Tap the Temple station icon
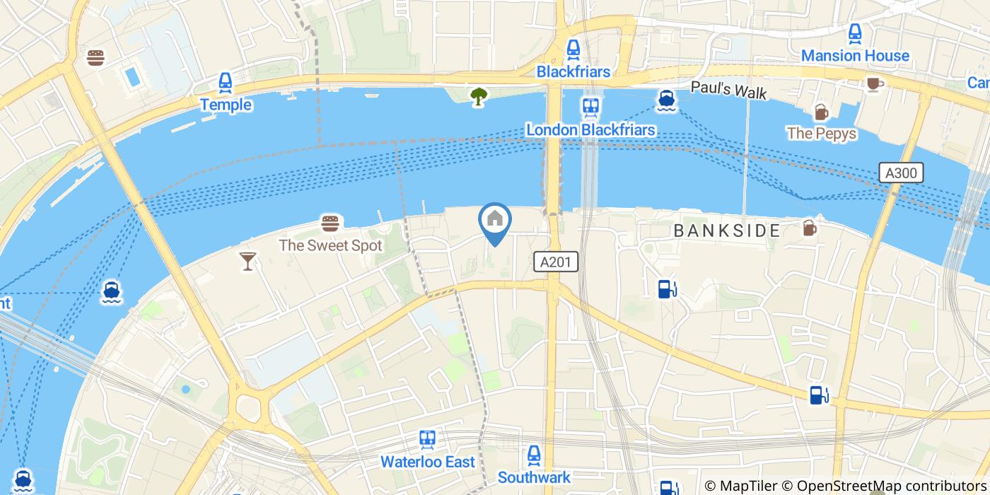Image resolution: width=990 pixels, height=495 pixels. pyautogui.click(x=226, y=83)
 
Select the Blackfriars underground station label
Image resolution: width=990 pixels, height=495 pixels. pyautogui.click(x=573, y=71)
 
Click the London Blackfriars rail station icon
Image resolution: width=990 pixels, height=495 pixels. pyautogui.click(x=590, y=107)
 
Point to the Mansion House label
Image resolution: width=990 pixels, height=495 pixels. pyautogui.click(x=855, y=55)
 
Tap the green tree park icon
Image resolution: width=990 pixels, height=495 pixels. pyautogui.click(x=479, y=96)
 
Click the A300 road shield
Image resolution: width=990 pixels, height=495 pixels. pyautogui.click(x=902, y=173)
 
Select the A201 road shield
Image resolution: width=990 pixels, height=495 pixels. pyautogui.click(x=555, y=262)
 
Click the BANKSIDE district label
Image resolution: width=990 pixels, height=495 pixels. pyautogui.click(x=726, y=231)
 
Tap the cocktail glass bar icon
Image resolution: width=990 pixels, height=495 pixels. pyautogui.click(x=247, y=261)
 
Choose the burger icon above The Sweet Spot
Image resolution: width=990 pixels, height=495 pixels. pyautogui.click(x=330, y=224)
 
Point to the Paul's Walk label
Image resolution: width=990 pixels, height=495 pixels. pyautogui.click(x=728, y=91)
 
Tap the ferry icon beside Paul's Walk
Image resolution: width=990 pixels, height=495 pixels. pyautogui.click(x=665, y=101)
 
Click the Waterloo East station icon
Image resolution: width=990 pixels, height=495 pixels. pyautogui.click(x=427, y=440)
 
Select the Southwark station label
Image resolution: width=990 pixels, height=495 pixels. pyautogui.click(x=534, y=477)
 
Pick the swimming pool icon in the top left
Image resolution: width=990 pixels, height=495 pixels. pyautogui.click(x=132, y=76)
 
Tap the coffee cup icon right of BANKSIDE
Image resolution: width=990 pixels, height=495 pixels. pyautogui.click(x=809, y=228)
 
